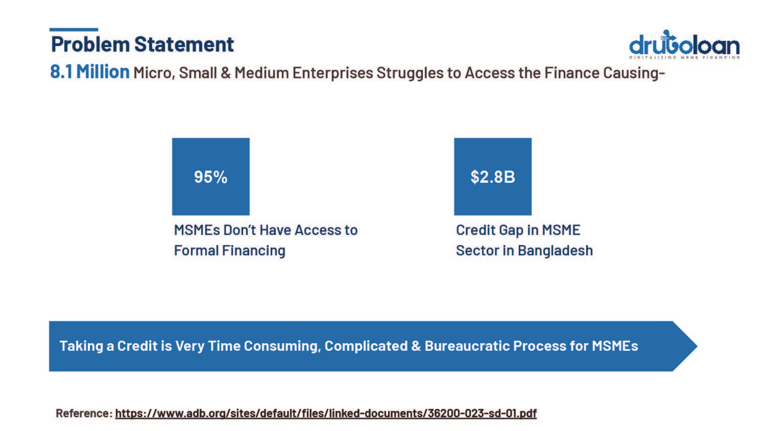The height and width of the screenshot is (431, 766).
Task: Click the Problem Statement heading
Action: click(x=142, y=45)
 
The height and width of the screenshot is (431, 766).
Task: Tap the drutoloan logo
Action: click(x=684, y=44)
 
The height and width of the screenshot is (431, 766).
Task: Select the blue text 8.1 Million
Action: click(x=90, y=72)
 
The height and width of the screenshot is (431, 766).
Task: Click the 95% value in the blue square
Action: click(x=210, y=177)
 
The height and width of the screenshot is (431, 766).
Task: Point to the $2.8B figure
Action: click(x=493, y=177)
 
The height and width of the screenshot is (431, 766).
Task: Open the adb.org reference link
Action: click(x=326, y=413)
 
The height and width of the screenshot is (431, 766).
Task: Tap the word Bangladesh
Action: click(x=556, y=251)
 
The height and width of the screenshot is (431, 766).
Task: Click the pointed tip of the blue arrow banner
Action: click(x=697, y=346)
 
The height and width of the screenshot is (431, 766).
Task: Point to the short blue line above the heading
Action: click(x=74, y=30)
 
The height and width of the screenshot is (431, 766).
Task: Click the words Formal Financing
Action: click(x=230, y=251)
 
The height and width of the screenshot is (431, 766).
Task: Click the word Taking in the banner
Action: click(x=81, y=346)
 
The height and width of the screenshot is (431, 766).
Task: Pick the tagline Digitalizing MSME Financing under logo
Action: click(x=685, y=58)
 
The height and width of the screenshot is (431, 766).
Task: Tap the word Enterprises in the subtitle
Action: click(x=333, y=73)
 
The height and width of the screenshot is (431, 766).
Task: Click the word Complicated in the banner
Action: click(x=366, y=346)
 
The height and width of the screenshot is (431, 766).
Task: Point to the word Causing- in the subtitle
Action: click(x=634, y=73)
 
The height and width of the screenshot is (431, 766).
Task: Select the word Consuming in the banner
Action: click(x=282, y=346)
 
